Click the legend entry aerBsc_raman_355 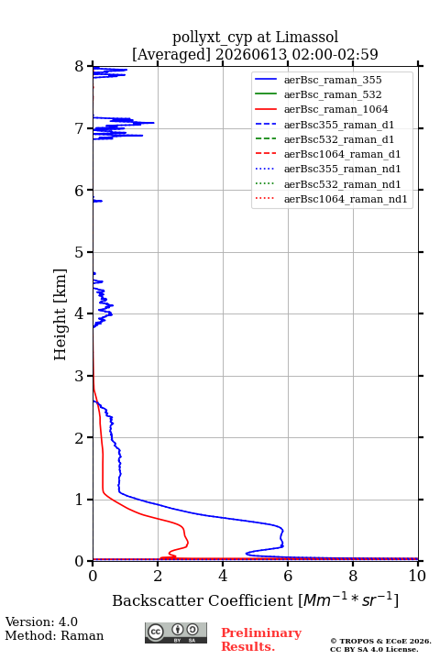click(333, 80)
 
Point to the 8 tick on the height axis click(80, 67)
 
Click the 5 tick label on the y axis click(80, 253)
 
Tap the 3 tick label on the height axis click(80, 376)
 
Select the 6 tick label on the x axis click(288, 576)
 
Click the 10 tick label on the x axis click(417, 576)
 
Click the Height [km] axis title click(60, 314)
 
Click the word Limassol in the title click(306, 38)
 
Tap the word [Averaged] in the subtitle click(171, 55)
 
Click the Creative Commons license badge click(176, 632)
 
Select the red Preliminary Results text click(261, 640)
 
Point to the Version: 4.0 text click(41, 621)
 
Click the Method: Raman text click(54, 635)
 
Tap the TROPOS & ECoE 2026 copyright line click(380, 641)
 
